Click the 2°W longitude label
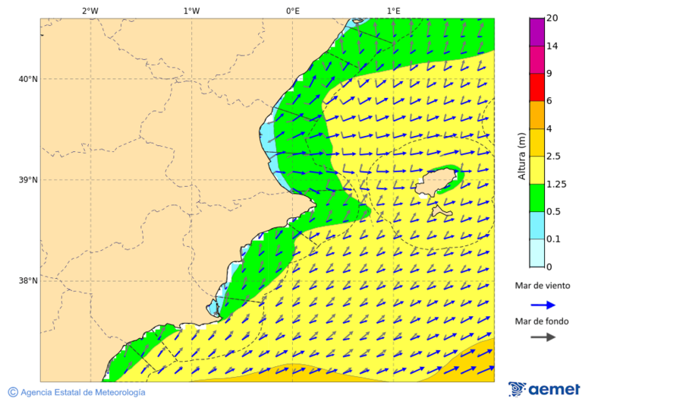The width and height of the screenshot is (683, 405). click(90, 11)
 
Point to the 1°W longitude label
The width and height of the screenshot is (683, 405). click(191, 11)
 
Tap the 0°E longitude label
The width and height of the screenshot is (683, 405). click(292, 11)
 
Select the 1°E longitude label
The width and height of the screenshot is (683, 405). click(393, 11)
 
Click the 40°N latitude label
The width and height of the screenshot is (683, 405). click(28, 79)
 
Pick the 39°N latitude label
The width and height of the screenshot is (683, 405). click(28, 180)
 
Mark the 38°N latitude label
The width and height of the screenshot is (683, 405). click(28, 281)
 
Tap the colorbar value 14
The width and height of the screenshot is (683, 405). click(553, 46)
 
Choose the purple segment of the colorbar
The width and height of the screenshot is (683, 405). click(537, 32)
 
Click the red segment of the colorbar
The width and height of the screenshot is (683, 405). click(537, 87)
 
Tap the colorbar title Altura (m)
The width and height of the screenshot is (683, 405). click(521, 157)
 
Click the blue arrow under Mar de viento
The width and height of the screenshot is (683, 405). click(543, 305)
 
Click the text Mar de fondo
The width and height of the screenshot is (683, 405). click(542, 321)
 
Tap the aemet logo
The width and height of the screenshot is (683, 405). click(544, 389)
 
